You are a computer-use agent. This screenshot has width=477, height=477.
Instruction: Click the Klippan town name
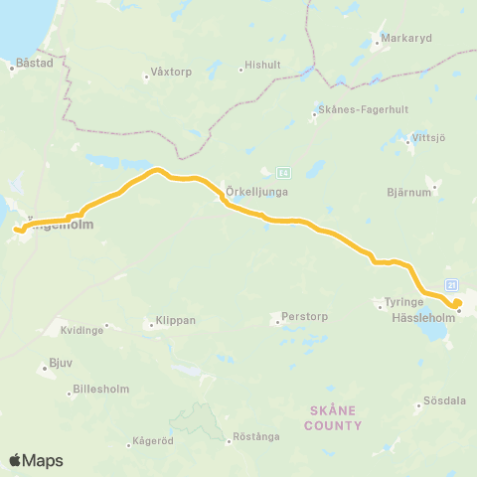pos(175,322)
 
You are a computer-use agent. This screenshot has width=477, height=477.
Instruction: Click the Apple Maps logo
pos(36,460)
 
